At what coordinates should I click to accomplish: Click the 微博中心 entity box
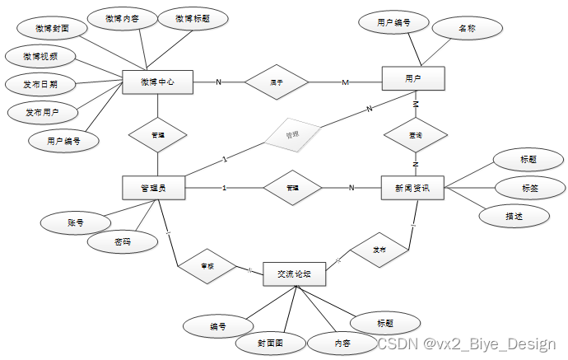coord(156,82)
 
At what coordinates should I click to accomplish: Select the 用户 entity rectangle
coord(413,79)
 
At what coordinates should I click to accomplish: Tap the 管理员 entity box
coord(153,188)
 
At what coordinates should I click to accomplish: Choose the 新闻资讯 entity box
coord(412,188)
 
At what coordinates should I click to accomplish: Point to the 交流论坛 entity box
coord(294,274)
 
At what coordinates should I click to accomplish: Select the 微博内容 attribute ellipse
coord(121,18)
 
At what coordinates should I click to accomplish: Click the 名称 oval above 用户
coord(467,28)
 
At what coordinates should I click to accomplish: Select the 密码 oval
coord(122,242)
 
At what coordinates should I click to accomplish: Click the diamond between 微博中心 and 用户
coord(277,82)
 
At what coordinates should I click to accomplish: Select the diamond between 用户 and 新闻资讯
coord(416,134)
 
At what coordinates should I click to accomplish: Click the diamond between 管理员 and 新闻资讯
coord(292,188)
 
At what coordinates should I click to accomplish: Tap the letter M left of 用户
coord(346,82)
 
